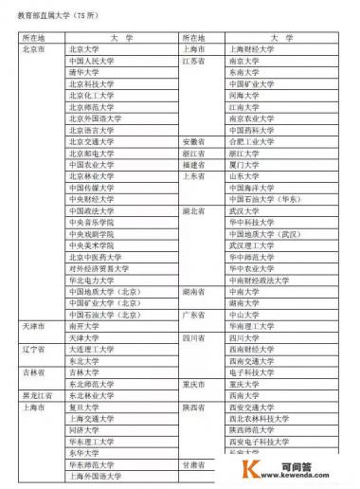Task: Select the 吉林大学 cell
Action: click(82, 372)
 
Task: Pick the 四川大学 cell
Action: click(243, 337)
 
